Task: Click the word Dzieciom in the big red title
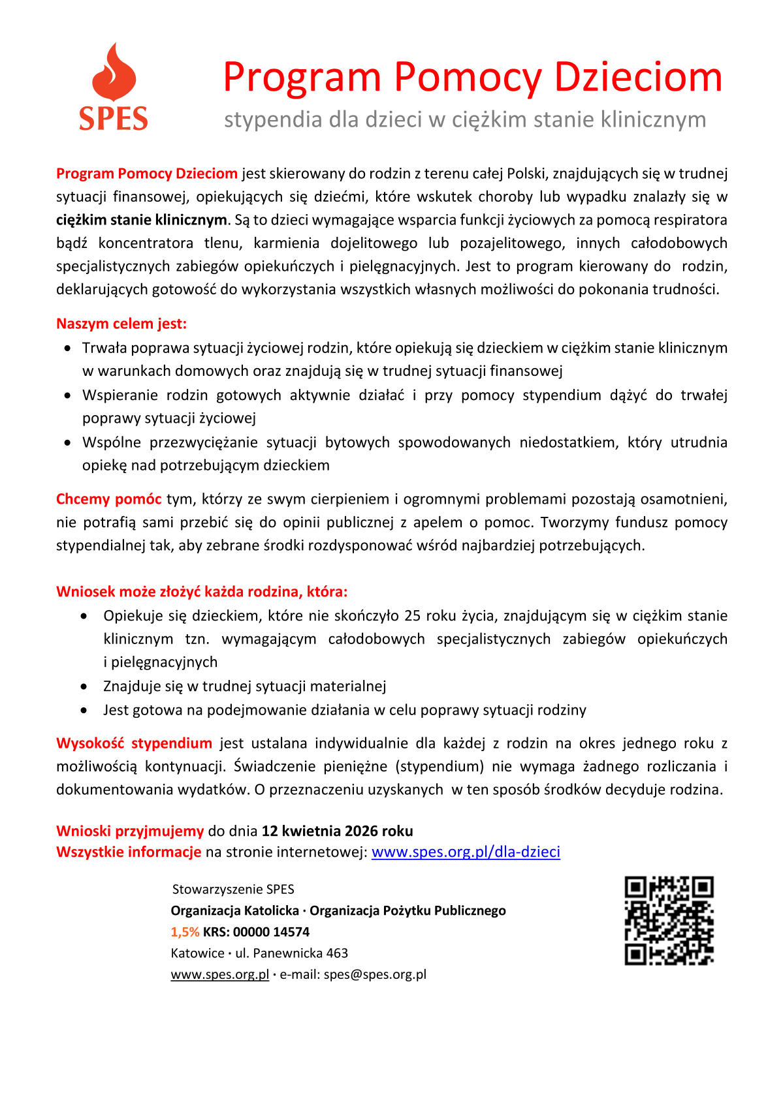coord(638,77)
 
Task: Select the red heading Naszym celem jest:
coord(121,324)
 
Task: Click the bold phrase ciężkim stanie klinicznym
coord(141,220)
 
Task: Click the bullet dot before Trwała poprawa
coord(67,348)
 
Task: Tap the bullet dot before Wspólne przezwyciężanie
coord(67,442)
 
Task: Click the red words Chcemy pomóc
coord(108,499)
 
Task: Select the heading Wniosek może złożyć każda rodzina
coord(202,592)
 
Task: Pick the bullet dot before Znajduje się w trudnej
coord(84,686)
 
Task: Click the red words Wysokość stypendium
coord(134,743)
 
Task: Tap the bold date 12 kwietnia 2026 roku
coord(337,831)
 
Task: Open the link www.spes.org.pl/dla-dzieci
coord(466,852)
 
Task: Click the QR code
coord(669,921)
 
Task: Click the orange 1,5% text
coord(185,932)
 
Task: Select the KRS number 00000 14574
coord(271,932)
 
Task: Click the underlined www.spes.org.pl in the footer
coord(219,974)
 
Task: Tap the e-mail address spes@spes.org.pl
coord(375,974)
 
